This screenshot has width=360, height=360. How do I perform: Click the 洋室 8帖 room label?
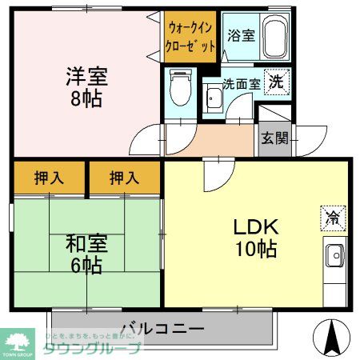click(x=86, y=89)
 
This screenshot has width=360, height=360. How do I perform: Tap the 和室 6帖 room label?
click(x=86, y=254)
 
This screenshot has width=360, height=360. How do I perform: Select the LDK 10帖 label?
click(x=255, y=238)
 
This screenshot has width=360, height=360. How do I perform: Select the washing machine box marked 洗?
click(x=276, y=81)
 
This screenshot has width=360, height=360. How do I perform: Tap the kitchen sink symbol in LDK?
click(x=335, y=258)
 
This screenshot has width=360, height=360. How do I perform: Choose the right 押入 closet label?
click(x=124, y=178)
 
